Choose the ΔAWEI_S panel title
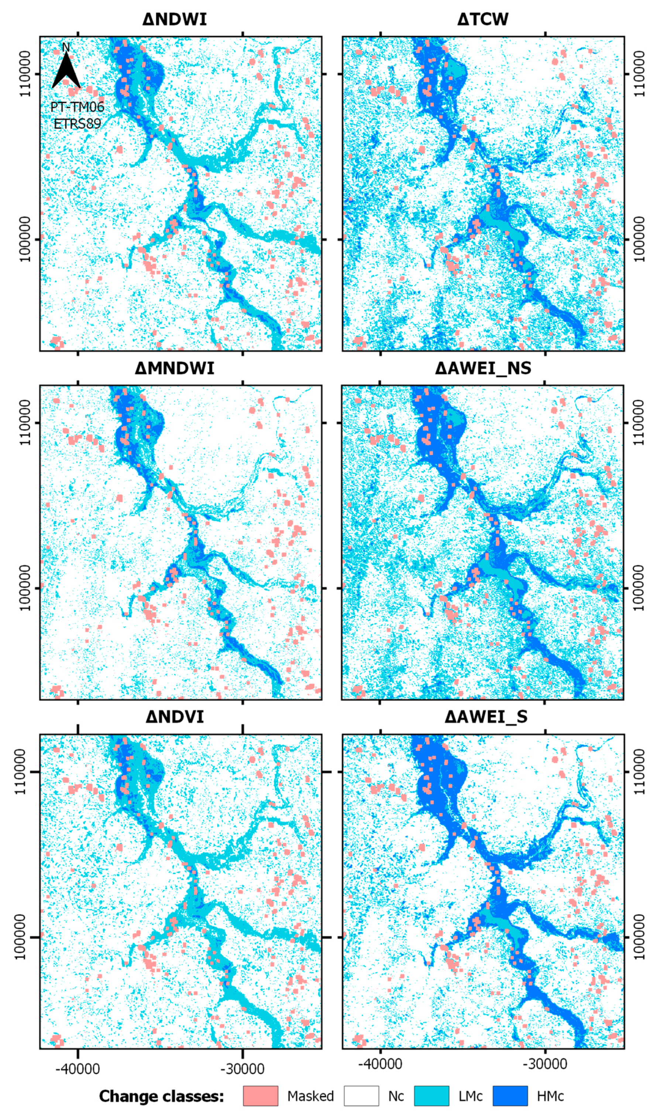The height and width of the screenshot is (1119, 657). (486, 717)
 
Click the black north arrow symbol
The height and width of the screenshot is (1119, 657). (66, 71)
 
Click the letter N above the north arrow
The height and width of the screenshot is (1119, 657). (66, 47)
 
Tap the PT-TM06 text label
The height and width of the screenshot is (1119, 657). (77, 107)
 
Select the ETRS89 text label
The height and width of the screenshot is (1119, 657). (77, 123)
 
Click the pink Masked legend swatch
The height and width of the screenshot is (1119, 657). (261, 1095)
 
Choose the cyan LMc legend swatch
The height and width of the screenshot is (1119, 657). (431, 1095)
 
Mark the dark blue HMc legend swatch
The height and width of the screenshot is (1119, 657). (510, 1095)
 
